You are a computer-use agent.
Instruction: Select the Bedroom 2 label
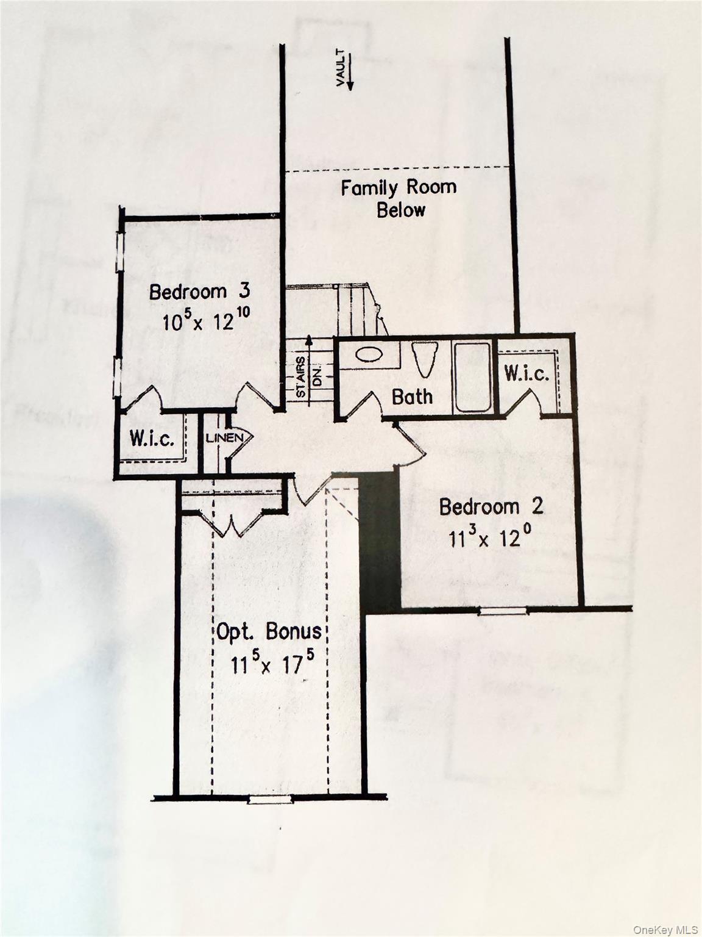click(x=491, y=506)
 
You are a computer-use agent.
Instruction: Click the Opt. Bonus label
click(x=269, y=632)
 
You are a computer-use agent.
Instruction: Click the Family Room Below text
click(x=399, y=198)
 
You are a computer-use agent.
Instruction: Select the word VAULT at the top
click(x=341, y=68)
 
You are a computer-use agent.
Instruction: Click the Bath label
click(x=412, y=397)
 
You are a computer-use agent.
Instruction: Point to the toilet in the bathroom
click(x=425, y=358)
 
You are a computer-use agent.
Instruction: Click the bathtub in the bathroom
click(x=473, y=377)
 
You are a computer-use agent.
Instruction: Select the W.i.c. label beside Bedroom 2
click(x=526, y=373)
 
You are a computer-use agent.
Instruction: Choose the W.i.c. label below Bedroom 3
click(x=152, y=438)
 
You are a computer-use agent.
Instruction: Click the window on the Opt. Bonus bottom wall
click(x=271, y=799)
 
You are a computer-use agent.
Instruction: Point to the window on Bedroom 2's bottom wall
click(x=502, y=610)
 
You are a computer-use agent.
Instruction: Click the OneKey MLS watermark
click(x=665, y=929)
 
